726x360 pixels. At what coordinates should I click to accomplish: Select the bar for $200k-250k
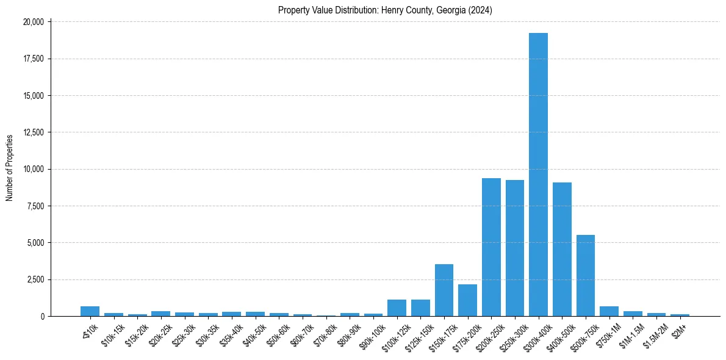[x=491, y=247]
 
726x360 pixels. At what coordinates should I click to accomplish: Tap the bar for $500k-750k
[x=585, y=275]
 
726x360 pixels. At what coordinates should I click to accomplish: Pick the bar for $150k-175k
[x=444, y=290]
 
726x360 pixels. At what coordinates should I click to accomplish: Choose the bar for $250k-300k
[x=514, y=248]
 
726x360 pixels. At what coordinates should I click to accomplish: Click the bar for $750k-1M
[x=609, y=311]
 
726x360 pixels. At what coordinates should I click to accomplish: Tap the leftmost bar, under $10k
[x=90, y=311]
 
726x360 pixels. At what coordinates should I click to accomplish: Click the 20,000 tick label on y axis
[x=33, y=22]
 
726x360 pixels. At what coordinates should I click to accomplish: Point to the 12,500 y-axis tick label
[x=33, y=132]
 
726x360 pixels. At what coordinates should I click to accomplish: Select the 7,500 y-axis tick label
[x=35, y=206]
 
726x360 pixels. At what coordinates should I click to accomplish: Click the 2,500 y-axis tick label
[x=35, y=279]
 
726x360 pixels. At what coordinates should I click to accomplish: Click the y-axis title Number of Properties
[x=10, y=168]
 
